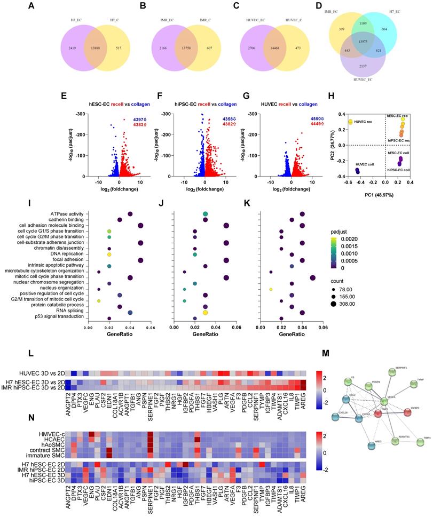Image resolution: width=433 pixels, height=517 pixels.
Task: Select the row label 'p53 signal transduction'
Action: [54, 317]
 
